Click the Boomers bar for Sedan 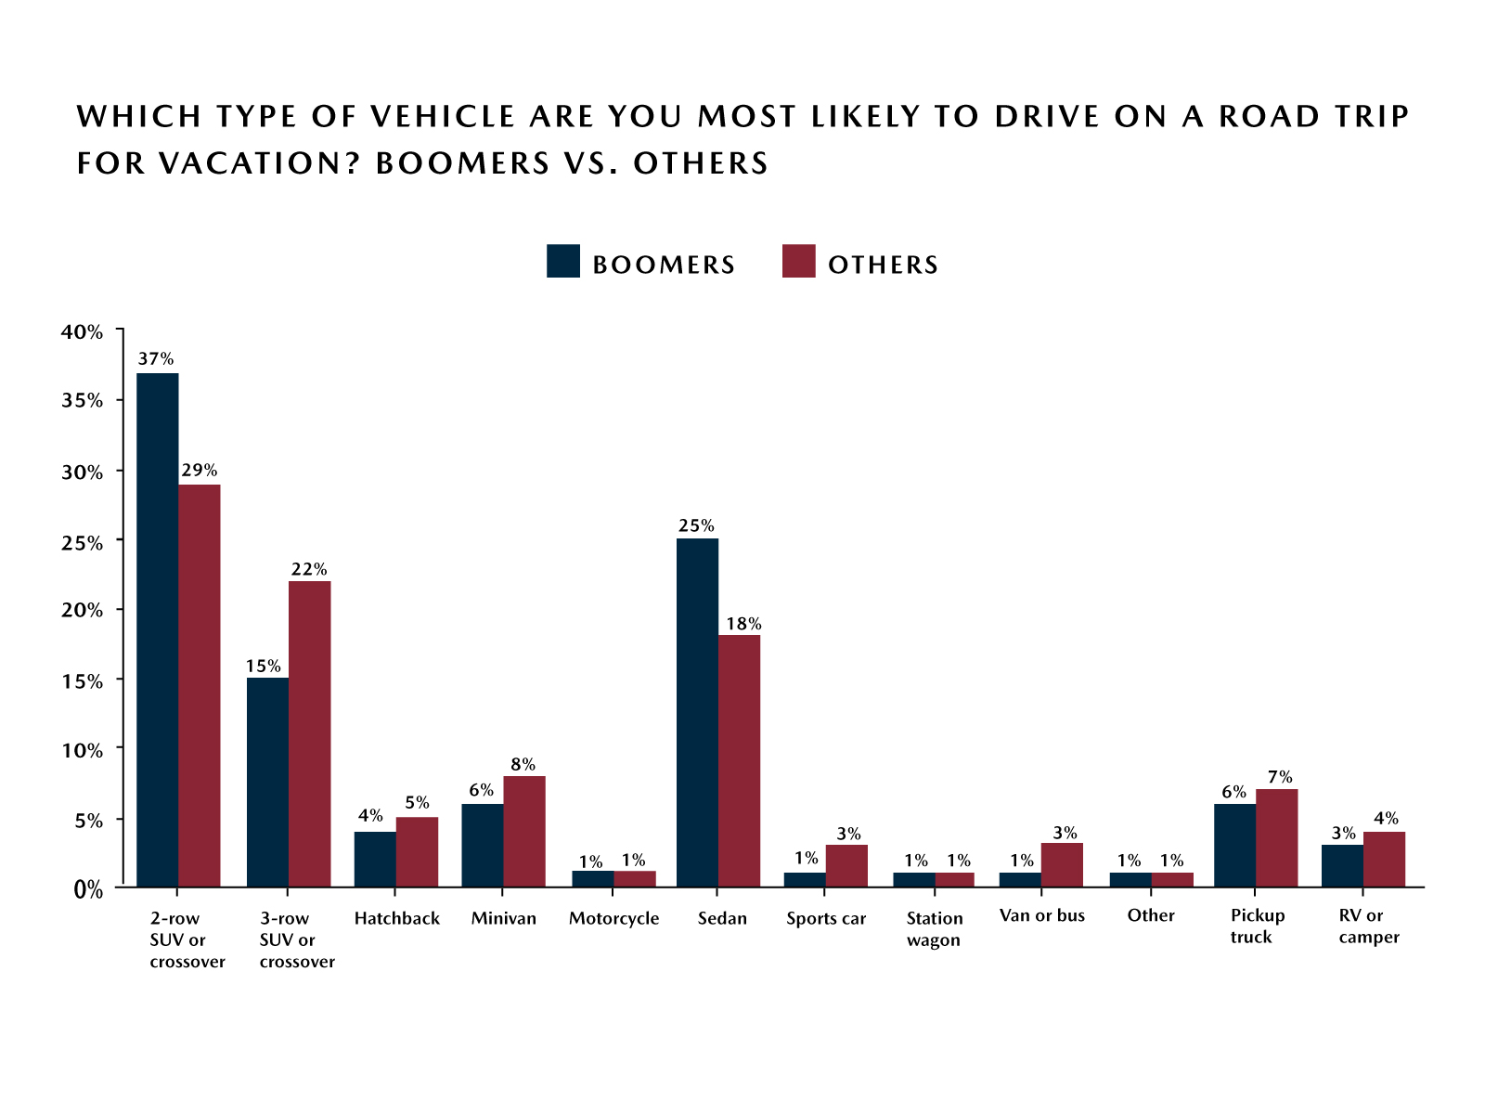(x=697, y=713)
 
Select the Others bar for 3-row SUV (x=309, y=733)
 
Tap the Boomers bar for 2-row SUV (x=158, y=629)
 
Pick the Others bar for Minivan (x=523, y=831)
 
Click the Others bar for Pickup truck (x=1276, y=837)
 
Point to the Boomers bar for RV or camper (x=1342, y=865)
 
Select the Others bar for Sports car (x=846, y=865)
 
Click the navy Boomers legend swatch (x=563, y=262)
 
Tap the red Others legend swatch (x=798, y=262)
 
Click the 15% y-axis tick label (x=83, y=681)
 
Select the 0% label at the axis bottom (x=88, y=890)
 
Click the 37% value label (x=156, y=358)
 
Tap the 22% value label (x=308, y=569)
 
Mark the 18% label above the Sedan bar (x=743, y=624)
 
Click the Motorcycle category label (x=613, y=918)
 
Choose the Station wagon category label (x=934, y=928)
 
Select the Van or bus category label (x=1041, y=915)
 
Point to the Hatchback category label (x=396, y=918)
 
